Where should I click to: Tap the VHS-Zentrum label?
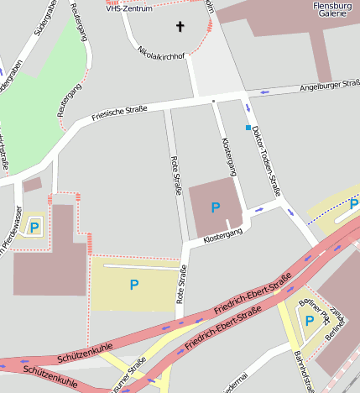pos(129,8)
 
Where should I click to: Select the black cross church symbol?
pos(179,27)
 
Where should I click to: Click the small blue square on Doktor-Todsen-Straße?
pos(248,128)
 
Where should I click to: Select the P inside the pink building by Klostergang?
pos(216,207)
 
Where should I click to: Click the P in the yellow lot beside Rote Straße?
pos(133,285)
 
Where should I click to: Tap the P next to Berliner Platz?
pos(309,320)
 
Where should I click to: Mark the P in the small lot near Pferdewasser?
pos(34,227)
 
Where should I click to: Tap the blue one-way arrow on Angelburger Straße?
pos(266,91)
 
